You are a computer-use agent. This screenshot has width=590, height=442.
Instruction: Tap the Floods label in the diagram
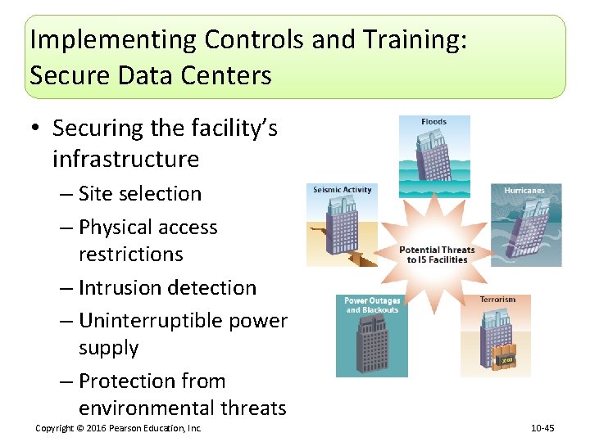point(433,123)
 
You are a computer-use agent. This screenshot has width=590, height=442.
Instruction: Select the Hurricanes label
point(524,191)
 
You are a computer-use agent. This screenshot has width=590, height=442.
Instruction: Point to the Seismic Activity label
point(342,190)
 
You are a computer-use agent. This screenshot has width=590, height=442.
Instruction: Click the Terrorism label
point(497,300)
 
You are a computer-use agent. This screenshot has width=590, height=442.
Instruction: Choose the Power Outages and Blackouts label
point(371,305)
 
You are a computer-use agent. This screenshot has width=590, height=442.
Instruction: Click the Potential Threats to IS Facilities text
point(436,255)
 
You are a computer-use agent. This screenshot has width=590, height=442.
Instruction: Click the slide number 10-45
point(542,428)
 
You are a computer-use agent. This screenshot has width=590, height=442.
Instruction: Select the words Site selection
point(140,194)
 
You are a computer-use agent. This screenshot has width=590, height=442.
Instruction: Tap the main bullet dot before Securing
point(37,129)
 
